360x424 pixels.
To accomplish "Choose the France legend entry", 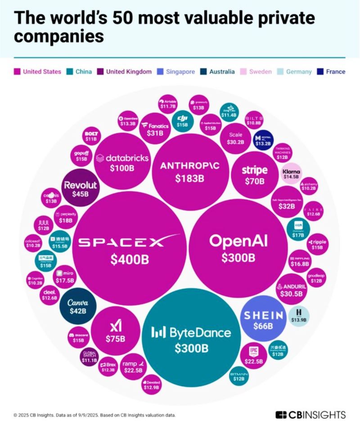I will (331, 71).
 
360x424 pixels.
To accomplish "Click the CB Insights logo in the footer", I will (310, 415).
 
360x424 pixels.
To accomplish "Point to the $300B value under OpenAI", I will (238, 258).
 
